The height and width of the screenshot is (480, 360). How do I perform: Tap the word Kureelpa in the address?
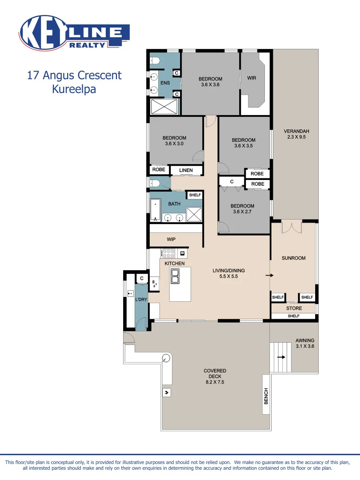pos(74,88)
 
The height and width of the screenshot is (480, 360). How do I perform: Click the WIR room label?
pos(252,78)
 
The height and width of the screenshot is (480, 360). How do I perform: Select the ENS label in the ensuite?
pos(165,83)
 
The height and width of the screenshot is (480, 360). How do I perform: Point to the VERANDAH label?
pos(296,131)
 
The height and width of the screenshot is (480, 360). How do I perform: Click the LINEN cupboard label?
pos(186,170)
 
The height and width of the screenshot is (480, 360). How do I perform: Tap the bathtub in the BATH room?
pos(155,210)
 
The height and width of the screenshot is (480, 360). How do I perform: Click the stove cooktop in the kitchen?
pos(168,253)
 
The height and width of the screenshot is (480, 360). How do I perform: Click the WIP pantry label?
pos(171,240)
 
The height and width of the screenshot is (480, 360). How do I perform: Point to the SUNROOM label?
pos(293,258)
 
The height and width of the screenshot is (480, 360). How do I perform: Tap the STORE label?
pos(294,308)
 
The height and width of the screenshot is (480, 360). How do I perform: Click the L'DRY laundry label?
pos(141,300)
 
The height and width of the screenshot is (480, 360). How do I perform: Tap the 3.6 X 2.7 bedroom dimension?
pos(243,212)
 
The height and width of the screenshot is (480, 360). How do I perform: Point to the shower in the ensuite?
pos(164,107)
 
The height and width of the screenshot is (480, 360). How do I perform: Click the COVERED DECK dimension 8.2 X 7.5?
pos(215,382)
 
